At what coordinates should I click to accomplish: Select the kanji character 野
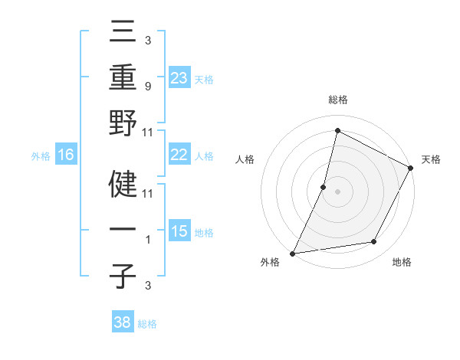(x=123, y=124)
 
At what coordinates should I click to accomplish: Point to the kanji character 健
(x=123, y=183)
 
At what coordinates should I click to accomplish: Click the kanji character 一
(x=123, y=230)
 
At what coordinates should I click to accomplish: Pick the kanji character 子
(x=123, y=276)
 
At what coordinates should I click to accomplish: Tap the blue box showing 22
(x=179, y=155)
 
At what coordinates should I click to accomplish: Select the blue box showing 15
(x=179, y=231)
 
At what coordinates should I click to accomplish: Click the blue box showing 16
(x=66, y=155)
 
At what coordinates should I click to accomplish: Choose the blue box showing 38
(x=123, y=322)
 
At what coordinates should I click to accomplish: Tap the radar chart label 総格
(x=338, y=100)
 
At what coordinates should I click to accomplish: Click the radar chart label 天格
(x=431, y=159)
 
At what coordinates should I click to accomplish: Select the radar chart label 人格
(x=245, y=159)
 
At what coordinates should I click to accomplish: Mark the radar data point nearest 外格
(x=293, y=253)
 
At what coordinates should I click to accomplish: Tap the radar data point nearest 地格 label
(x=374, y=242)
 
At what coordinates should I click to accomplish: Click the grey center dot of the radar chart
(x=338, y=191)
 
